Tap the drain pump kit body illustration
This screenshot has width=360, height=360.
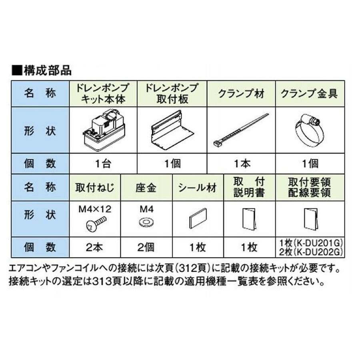103,130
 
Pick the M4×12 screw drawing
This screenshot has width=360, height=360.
96,224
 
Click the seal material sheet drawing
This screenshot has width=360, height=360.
198,219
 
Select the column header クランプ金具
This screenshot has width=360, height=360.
309,94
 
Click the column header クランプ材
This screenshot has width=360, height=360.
241,94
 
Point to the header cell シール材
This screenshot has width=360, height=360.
197,187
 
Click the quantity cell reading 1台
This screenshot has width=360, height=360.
103,164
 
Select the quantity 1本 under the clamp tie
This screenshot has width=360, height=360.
241,164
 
